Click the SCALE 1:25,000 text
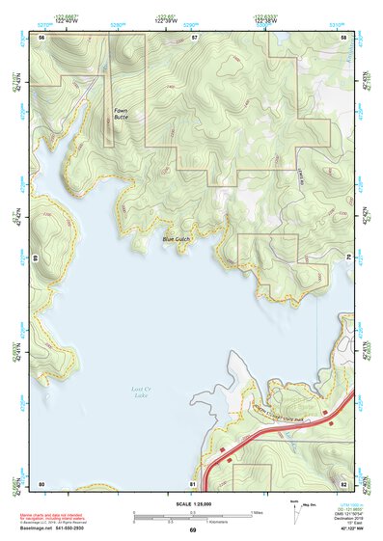(191, 503)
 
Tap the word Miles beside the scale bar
(259, 511)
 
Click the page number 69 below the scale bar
(192, 531)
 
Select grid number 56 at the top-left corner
(41, 36)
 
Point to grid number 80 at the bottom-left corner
(41, 482)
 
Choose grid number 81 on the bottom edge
(193, 482)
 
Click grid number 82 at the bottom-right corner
(343, 482)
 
